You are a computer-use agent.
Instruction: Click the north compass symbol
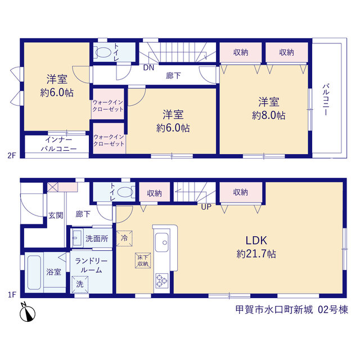coord(28,313)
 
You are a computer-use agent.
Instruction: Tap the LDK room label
coord(256,240)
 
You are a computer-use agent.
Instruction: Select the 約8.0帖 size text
coord(269,115)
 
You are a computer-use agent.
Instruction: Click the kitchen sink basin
coord(162,242)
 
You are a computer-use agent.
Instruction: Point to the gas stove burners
coord(162,281)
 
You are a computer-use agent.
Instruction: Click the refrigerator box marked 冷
coord(124,238)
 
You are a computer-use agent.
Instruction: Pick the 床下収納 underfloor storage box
coord(143,260)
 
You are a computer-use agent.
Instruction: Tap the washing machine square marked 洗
coord(80,285)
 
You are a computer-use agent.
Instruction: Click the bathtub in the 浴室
coord(34,272)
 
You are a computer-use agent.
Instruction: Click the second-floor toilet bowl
coord(103,52)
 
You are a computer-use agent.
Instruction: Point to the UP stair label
coord(206,207)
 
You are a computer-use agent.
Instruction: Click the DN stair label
coord(148,67)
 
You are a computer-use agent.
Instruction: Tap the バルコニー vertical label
coord(326,100)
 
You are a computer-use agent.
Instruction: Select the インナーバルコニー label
coord(58,144)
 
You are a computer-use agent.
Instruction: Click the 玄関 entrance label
coord(56,215)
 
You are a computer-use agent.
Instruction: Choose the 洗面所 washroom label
coord(97,238)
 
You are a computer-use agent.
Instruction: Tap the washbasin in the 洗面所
coord(77,238)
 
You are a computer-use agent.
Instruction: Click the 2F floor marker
coord(12,155)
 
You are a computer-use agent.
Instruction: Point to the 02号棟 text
coord(333,310)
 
